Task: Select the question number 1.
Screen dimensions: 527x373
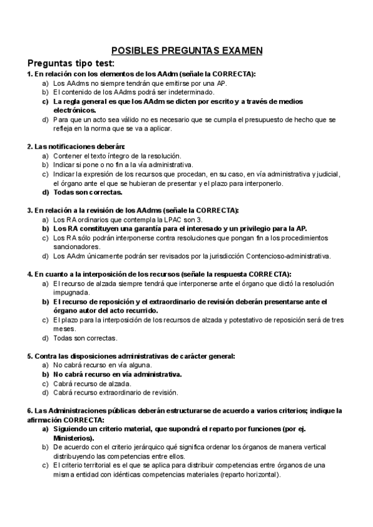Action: [29, 74]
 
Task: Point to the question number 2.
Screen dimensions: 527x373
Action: [29, 147]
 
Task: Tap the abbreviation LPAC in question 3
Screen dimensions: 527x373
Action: [169, 219]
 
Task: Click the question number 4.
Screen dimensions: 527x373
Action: [29, 274]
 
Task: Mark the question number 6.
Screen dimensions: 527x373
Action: [29, 411]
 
